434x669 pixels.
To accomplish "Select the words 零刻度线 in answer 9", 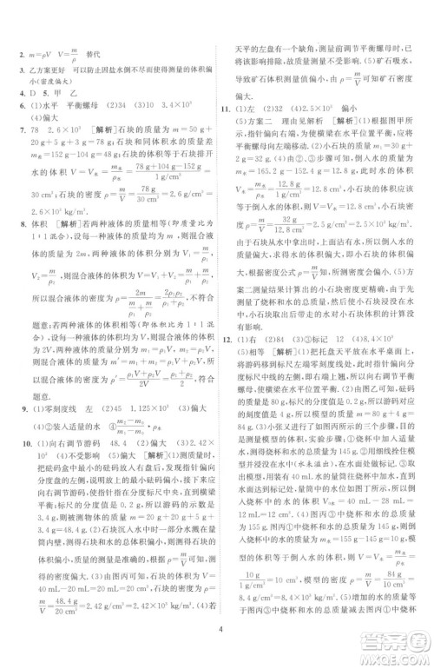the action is point(54,384).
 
